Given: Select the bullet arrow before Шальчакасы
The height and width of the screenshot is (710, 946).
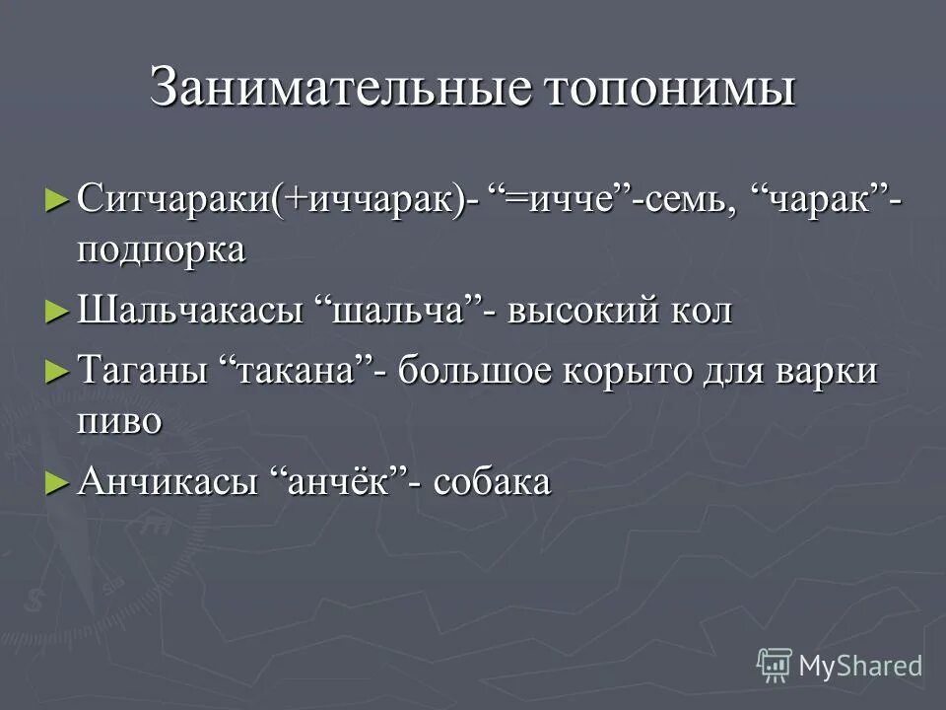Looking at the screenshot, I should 56,311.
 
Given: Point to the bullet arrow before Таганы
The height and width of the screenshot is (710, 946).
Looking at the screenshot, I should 56,372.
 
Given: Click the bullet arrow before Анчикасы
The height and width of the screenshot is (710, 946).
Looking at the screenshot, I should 56,482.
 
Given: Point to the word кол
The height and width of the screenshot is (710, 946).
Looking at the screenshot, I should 702,311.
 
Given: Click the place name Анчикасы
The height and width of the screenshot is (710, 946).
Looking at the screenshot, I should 169,482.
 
